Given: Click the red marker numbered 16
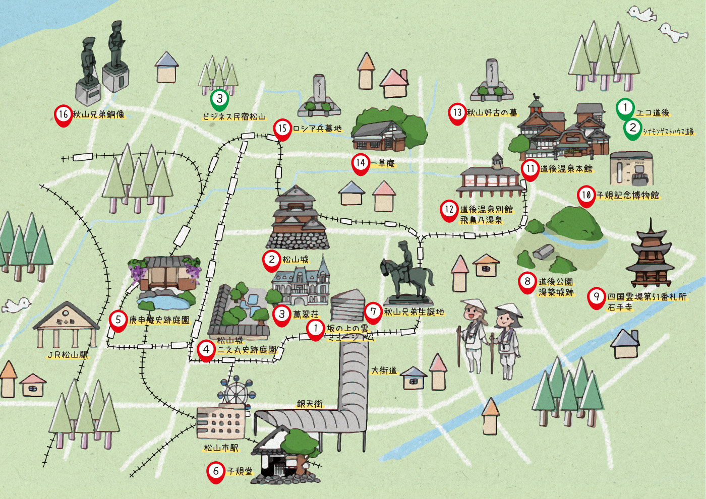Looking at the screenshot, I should click(x=63, y=115).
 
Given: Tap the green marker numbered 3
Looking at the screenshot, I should click(x=219, y=99).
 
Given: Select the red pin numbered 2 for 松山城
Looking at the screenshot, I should click(x=271, y=260).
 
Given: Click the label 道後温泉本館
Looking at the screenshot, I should click(x=566, y=169).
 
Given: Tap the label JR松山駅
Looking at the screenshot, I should click(x=68, y=355).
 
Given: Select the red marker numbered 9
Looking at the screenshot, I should click(x=597, y=297).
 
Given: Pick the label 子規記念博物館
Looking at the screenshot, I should click(x=627, y=195).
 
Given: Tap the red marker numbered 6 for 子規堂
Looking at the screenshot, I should click(x=216, y=471).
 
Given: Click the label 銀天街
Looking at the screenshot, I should click(x=310, y=404).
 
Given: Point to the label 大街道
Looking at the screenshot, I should click(x=384, y=371).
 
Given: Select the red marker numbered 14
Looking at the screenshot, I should click(x=361, y=163).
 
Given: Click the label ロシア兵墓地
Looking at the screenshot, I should click(x=317, y=129).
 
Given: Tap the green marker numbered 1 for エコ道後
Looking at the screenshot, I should click(x=625, y=108).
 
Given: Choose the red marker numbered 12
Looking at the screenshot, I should click(x=449, y=210).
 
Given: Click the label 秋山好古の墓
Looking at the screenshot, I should click(x=492, y=113).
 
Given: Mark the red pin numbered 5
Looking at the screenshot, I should click(x=118, y=320).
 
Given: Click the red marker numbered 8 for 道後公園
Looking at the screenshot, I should click(x=527, y=282).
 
